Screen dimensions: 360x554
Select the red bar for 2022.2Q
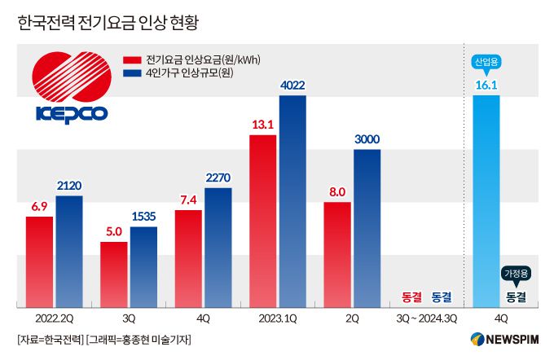[x=39, y=261]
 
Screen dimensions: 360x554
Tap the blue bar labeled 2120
[x=69, y=252]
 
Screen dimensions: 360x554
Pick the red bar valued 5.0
[x=114, y=274]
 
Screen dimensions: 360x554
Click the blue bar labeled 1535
[x=144, y=267]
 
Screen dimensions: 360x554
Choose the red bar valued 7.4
[x=188, y=259]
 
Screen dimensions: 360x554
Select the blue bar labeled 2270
[x=218, y=248]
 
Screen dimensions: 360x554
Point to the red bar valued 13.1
[x=263, y=221]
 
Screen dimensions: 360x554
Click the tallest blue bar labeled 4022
[x=292, y=201]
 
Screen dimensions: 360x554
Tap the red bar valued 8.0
[x=337, y=254]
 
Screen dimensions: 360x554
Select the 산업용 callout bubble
[x=486, y=62]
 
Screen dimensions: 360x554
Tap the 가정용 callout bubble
[x=515, y=274]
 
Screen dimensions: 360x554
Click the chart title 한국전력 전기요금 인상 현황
[x=109, y=22]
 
